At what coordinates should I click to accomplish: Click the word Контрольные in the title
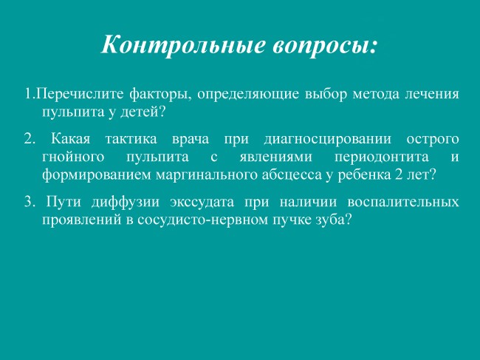(183, 45)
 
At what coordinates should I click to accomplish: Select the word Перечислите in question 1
(80, 95)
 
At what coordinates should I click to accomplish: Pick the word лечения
(432, 95)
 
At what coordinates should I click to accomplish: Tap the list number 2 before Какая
(30, 140)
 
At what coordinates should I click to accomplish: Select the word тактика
(131, 140)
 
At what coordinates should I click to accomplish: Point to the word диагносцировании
(328, 140)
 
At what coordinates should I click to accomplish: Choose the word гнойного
(73, 157)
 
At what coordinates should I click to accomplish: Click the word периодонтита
(382, 157)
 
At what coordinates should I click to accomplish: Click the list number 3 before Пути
(30, 203)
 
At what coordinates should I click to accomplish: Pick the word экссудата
(202, 203)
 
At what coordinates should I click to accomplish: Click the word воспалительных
(403, 203)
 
